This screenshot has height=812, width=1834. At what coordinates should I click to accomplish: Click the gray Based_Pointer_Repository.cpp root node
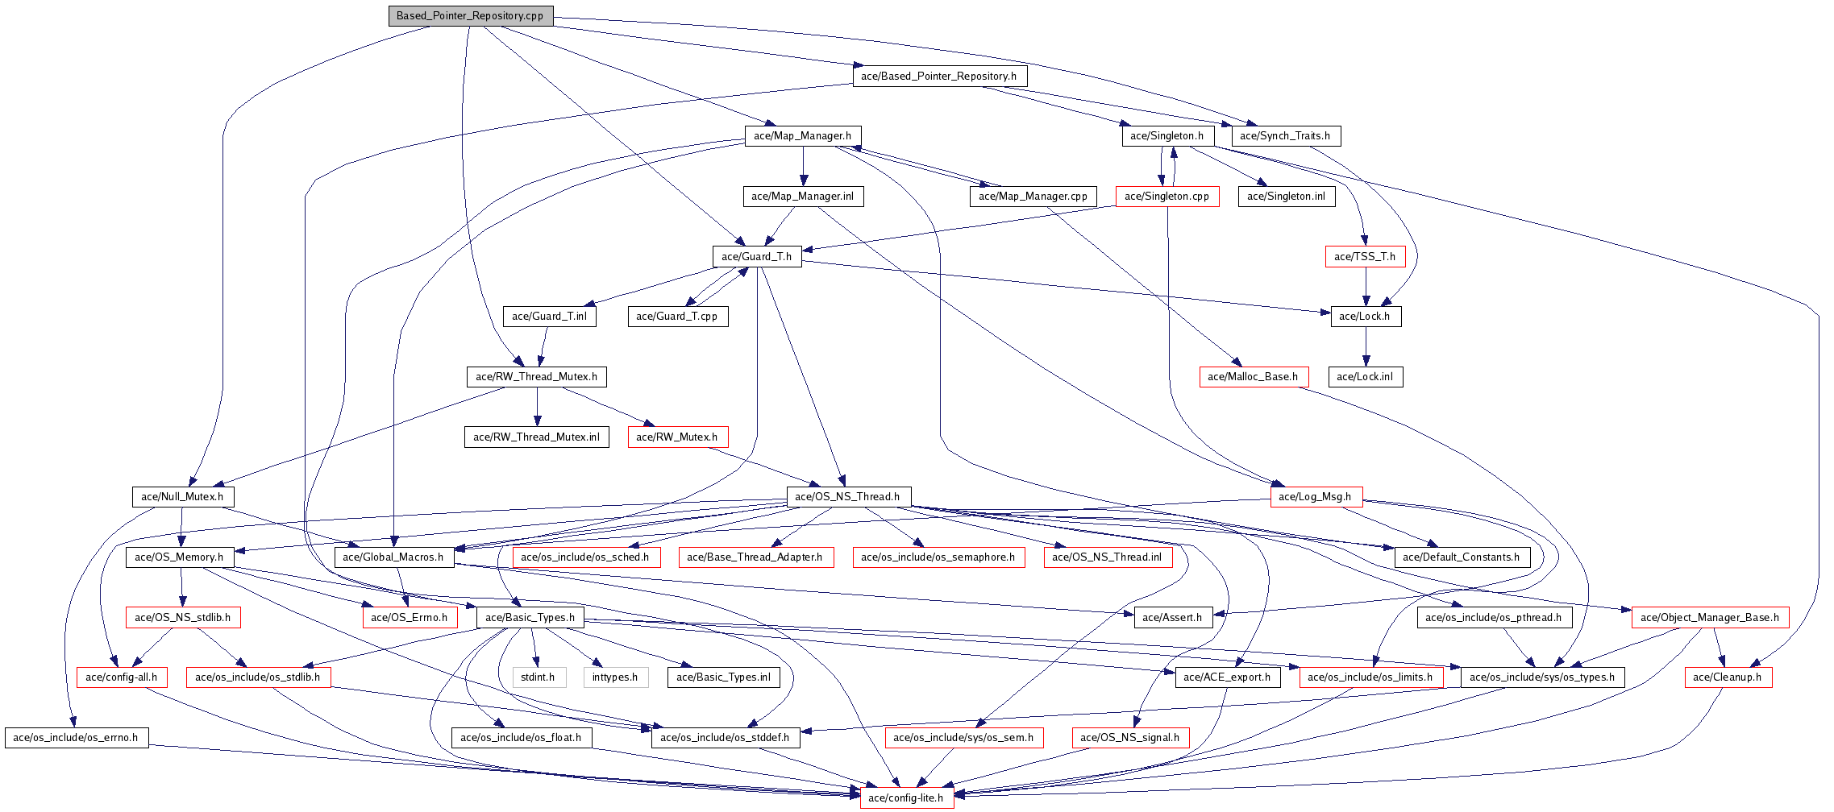(470, 16)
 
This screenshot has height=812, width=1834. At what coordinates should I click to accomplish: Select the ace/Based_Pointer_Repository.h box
(939, 77)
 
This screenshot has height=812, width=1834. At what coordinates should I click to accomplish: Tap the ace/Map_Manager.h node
(802, 136)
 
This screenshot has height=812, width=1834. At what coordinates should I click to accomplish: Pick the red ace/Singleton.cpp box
(1167, 197)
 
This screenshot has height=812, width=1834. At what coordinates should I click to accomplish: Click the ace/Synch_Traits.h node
(1285, 136)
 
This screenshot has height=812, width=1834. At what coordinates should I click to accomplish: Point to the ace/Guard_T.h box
(756, 257)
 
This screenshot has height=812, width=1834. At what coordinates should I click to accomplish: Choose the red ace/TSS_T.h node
(1365, 257)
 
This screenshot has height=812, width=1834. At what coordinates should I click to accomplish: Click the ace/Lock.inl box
(1365, 377)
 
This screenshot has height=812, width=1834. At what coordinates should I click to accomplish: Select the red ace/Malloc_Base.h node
(1253, 377)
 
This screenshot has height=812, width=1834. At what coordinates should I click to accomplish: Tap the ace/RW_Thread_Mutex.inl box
(537, 437)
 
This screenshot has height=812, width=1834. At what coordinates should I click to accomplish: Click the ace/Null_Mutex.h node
(182, 497)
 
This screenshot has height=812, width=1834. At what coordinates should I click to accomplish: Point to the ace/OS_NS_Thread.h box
(847, 497)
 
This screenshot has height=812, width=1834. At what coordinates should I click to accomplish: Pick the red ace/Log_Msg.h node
(1315, 497)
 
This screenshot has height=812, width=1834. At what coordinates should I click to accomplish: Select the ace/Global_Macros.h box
(393, 557)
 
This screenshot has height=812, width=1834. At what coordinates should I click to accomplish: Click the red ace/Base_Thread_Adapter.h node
(755, 557)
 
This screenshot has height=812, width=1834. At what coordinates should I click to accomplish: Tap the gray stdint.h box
(538, 677)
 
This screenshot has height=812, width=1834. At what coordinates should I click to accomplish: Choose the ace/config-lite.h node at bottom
(906, 798)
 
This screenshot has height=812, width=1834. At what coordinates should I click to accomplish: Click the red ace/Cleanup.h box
(1728, 677)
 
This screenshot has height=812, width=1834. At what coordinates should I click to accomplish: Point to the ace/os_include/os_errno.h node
(76, 738)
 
